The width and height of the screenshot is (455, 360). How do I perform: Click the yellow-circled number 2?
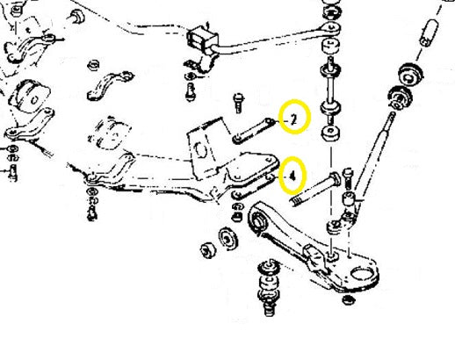[294, 119]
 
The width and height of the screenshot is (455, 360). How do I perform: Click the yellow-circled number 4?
[292, 176]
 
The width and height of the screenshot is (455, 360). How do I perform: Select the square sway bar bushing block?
[202, 39]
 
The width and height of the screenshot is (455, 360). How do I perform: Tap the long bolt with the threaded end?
[315, 189]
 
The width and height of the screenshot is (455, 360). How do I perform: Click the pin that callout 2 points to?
[254, 130]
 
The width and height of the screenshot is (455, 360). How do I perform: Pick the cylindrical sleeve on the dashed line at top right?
[430, 32]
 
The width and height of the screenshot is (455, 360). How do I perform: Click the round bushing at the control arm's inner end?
[259, 221]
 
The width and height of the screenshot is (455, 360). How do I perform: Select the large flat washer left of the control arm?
[227, 238]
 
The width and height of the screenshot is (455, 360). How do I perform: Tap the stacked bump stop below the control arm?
[269, 286]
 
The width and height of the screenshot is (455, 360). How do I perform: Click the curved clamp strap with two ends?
[110, 85]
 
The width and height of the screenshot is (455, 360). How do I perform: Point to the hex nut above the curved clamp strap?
[93, 65]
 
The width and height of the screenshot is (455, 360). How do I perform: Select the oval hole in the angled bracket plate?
[200, 149]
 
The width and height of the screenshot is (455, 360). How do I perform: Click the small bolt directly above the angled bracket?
[238, 103]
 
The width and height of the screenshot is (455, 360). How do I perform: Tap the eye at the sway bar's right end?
[331, 27]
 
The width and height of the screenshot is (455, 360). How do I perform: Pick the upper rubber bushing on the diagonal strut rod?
[410, 74]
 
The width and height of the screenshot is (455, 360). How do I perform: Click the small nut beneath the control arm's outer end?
[349, 299]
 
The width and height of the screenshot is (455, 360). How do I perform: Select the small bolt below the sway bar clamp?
[191, 91]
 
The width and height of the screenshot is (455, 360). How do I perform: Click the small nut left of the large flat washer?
[208, 250]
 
